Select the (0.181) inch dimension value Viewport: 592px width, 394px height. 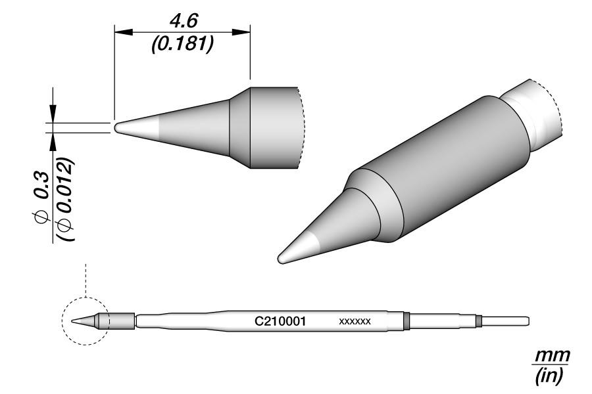[182, 47]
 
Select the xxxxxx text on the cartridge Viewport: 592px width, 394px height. [355, 322]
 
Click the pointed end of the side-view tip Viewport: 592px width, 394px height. [116, 127]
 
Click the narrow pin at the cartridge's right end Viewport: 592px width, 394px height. [506, 321]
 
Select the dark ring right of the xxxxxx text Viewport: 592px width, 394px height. [407, 321]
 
